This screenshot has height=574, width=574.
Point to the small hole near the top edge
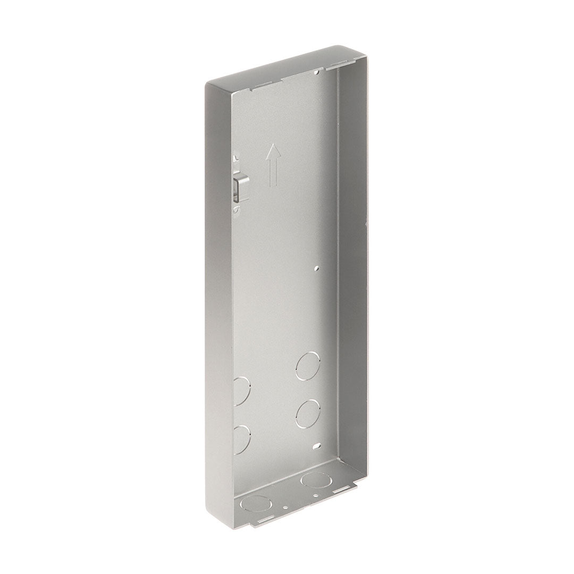317,70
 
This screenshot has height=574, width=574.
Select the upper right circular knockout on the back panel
309,365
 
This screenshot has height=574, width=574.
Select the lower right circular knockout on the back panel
308,412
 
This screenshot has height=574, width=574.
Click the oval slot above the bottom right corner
317,446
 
